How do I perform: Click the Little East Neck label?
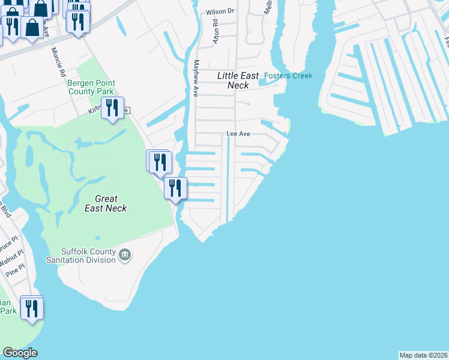(238, 80)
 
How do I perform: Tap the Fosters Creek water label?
(288, 76)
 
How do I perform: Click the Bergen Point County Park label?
(91, 87)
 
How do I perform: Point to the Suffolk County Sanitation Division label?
(81, 256)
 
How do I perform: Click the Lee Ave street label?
(238, 134)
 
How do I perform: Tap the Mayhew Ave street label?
(195, 77)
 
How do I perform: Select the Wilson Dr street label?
(219, 11)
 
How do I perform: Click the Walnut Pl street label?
(11, 261)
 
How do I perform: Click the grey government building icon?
(124, 256)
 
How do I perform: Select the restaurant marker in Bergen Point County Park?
(112, 108)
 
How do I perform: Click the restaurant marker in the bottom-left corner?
(31, 308)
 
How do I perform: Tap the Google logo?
(20, 353)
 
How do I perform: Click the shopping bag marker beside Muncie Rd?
(32, 28)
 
